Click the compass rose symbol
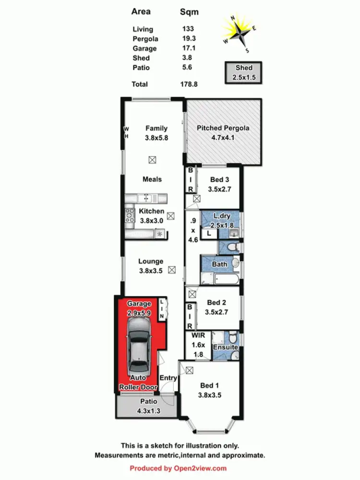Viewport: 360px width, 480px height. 239,34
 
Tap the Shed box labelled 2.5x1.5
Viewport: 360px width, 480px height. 244,72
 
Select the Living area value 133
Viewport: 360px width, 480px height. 188,29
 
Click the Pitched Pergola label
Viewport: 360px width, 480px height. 223,128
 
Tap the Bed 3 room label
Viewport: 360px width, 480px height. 220,180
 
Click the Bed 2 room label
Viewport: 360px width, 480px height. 216,303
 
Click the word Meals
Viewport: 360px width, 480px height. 152,179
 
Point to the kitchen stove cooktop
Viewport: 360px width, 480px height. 130,216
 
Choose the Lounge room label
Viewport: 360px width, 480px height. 151,262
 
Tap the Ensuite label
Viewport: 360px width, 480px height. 225,347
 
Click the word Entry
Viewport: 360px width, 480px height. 168,378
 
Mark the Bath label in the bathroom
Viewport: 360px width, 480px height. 219,264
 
